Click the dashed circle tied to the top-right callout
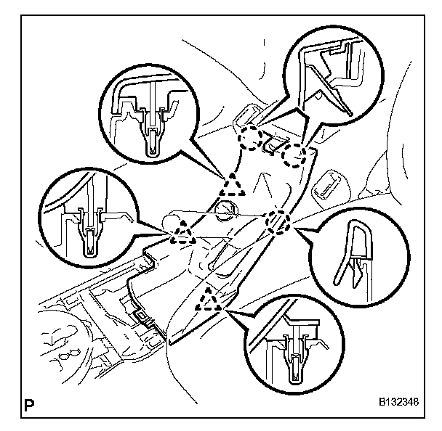(295, 154)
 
